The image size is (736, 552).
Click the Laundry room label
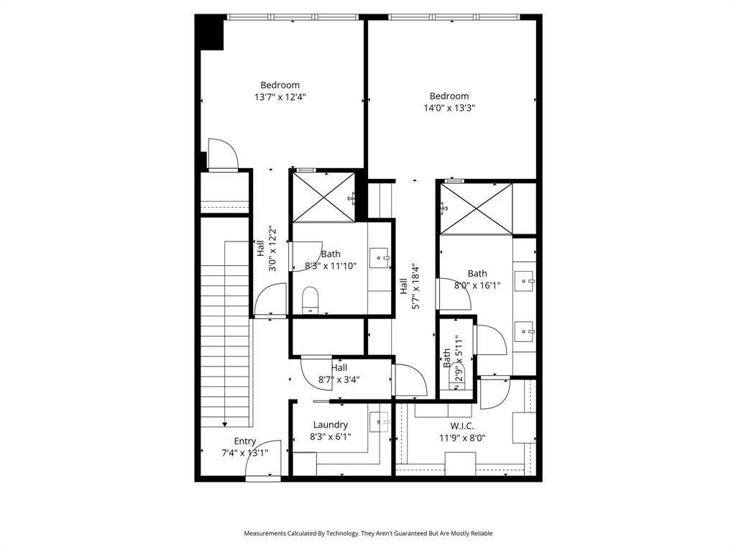[331, 425]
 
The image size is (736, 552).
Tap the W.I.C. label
[462, 425]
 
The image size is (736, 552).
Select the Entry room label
[245, 441]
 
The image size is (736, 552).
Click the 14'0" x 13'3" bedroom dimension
[449, 108]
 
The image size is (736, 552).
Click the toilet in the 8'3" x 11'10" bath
[310, 300]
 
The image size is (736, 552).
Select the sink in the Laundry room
[379, 421]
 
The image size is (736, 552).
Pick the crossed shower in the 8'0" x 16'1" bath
[476, 208]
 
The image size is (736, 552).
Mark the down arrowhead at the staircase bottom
[226, 425]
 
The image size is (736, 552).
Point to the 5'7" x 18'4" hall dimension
[415, 287]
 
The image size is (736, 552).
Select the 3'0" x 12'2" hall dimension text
[272, 249]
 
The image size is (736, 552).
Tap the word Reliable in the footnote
[479, 533]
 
